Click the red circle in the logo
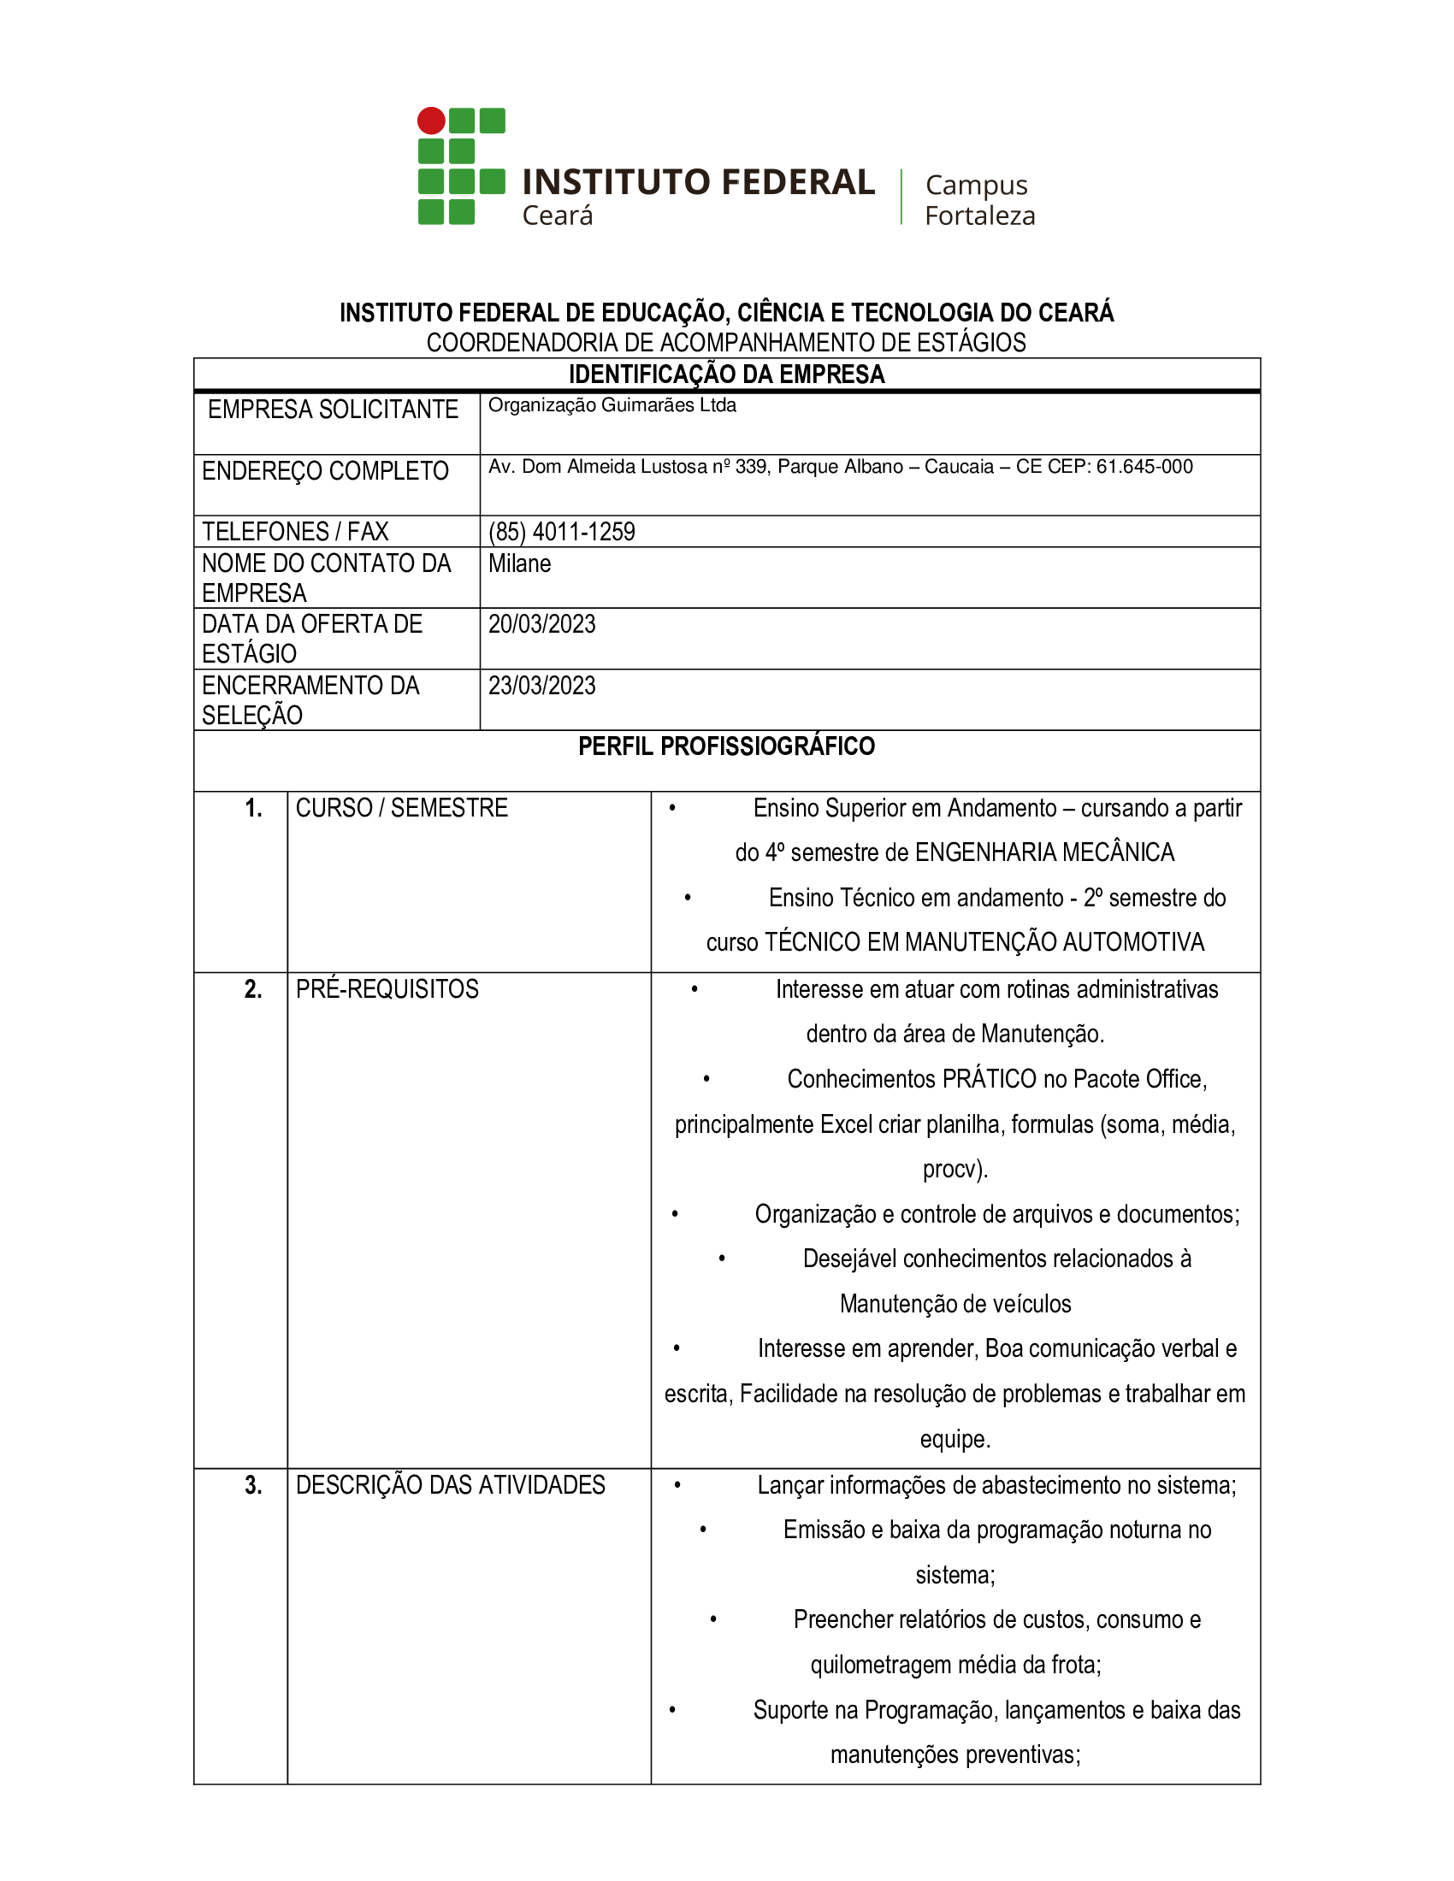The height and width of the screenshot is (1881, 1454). tap(431, 121)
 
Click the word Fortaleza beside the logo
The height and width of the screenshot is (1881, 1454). tap(979, 215)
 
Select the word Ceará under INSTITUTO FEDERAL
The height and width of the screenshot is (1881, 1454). tap(558, 215)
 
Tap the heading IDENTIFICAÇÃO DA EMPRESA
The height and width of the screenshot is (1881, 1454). tap(726, 374)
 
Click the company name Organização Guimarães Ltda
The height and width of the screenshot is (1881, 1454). tap(612, 405)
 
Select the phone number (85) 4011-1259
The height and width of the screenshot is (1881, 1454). tap(562, 532)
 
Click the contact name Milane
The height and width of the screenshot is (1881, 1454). tap(519, 563)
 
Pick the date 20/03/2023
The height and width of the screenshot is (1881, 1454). tap(541, 624)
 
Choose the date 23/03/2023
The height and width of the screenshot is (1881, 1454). tap(541, 686)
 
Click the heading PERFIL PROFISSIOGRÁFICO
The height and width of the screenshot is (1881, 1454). tap(726, 746)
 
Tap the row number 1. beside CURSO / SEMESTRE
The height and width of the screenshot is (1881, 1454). tap(253, 808)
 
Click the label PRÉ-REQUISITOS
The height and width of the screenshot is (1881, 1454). tap(387, 988)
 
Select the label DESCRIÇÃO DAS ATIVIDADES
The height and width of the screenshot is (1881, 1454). tap(451, 1485)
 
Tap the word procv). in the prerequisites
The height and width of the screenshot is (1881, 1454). tap(955, 1169)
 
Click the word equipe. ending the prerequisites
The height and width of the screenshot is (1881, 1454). tap(955, 1439)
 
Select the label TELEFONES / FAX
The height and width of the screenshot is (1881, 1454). tap(295, 532)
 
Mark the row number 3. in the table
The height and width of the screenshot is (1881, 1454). tap(253, 1485)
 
